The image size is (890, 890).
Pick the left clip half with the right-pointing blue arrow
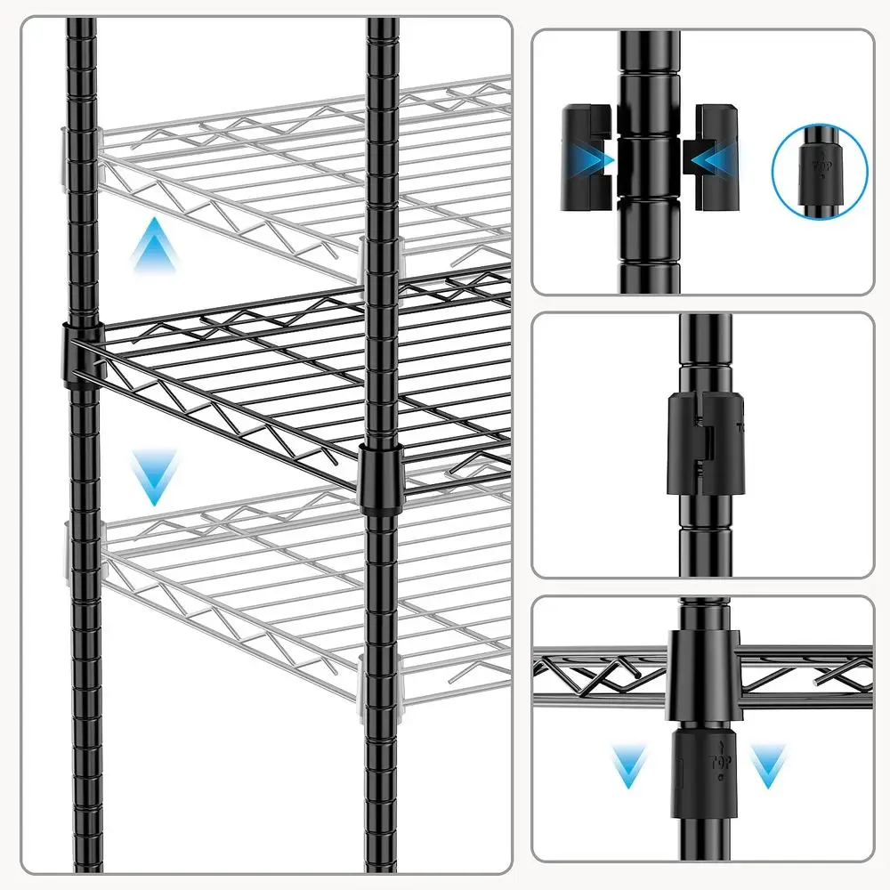point(587,158)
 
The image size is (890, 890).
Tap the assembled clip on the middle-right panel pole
point(702,442)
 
